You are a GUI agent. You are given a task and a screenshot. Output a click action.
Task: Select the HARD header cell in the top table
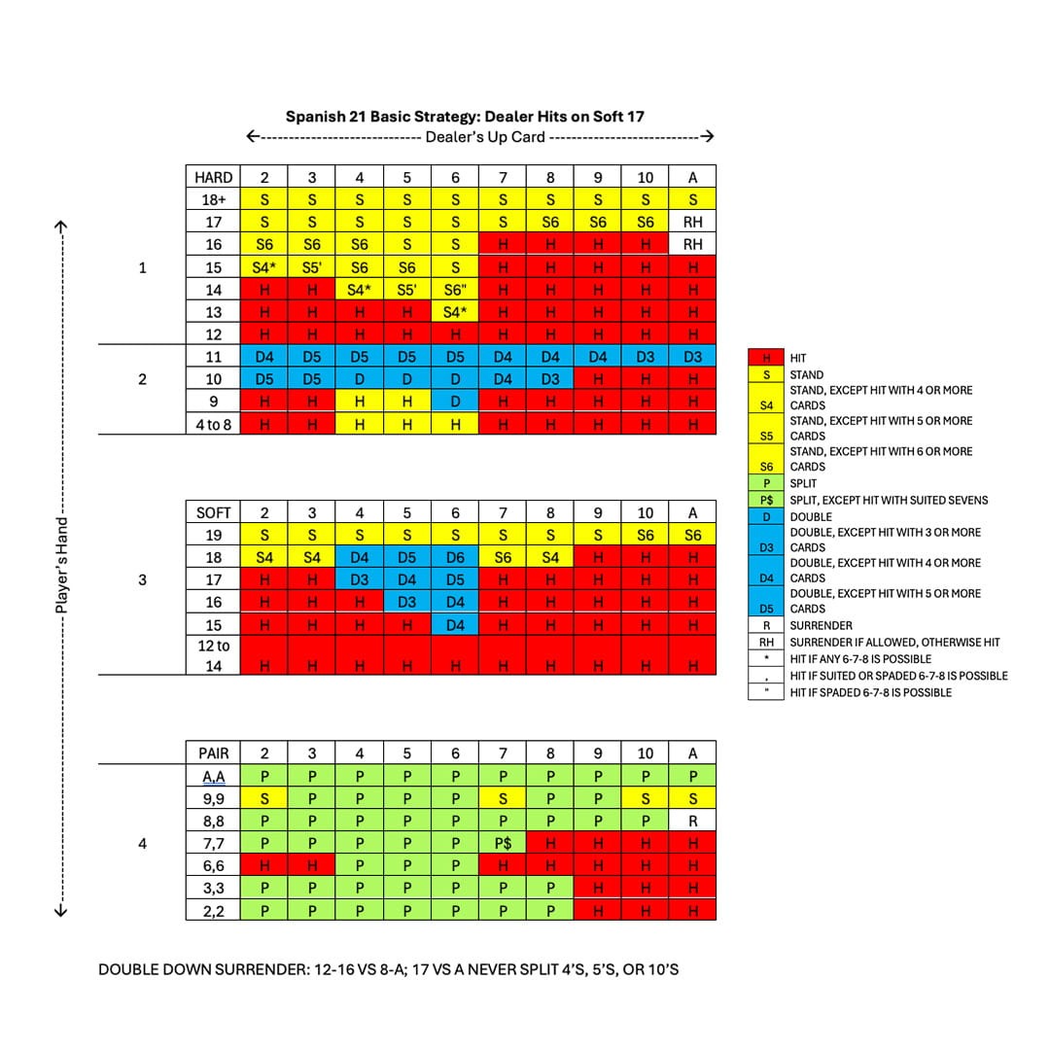coord(213,177)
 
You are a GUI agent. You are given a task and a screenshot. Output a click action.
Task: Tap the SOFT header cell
coord(213,512)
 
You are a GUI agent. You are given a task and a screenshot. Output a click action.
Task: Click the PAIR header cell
coord(213,752)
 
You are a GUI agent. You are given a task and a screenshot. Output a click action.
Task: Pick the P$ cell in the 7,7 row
coord(503,843)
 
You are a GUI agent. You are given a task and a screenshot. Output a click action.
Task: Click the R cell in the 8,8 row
coord(692,821)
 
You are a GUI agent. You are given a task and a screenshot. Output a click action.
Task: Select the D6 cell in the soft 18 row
coord(455,557)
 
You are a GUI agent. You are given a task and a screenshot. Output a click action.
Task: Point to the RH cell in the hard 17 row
coord(692,222)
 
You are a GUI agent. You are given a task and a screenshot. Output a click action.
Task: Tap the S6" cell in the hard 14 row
coord(455,290)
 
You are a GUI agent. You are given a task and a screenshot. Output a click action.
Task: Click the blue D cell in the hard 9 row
coord(455,401)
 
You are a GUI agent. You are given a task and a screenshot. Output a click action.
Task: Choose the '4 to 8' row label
coord(213,424)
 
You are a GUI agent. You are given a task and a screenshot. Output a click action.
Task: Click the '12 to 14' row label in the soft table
coord(213,655)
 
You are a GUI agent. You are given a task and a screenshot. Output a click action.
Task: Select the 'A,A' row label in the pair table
coord(213,776)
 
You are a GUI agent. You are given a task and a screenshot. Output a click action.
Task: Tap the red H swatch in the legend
coord(766,359)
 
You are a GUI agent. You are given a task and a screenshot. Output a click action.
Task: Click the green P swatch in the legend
coord(766,483)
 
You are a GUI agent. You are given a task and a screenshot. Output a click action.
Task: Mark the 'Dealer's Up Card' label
coord(484,136)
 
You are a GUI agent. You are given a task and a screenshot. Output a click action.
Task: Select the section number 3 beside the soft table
coord(143,579)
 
